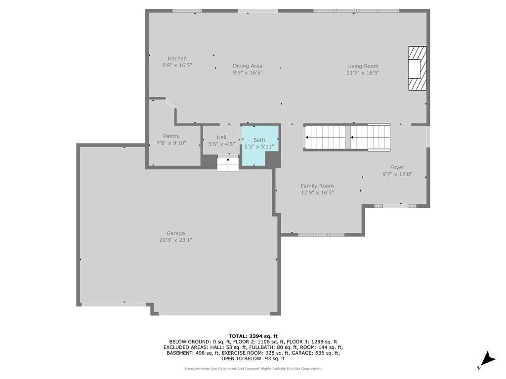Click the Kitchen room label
(x=177, y=59)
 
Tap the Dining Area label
(x=248, y=66)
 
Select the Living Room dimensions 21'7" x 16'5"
(x=363, y=73)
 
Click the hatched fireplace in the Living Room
(x=417, y=68)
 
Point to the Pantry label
(x=171, y=136)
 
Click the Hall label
(x=222, y=137)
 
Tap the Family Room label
(x=317, y=186)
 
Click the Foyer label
(x=397, y=168)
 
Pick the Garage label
(x=175, y=233)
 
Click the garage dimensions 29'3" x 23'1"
(x=175, y=240)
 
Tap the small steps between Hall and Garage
(x=228, y=163)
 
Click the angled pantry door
(x=170, y=104)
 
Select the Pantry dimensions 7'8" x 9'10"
(x=171, y=143)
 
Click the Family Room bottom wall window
(x=321, y=234)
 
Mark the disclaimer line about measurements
(x=253, y=369)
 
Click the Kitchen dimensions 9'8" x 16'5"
(x=177, y=66)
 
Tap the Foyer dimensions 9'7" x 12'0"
(x=397, y=174)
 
